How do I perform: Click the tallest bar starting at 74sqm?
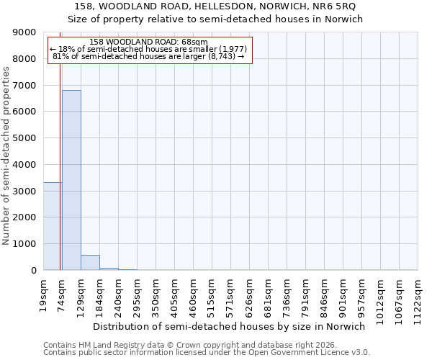click(x=71, y=180)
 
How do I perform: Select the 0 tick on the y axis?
click(x=33, y=271)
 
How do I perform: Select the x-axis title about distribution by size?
click(x=229, y=326)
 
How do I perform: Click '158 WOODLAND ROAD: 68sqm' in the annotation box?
click(x=150, y=42)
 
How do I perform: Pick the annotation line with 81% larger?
click(x=149, y=56)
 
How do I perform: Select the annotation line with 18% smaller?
click(x=149, y=49)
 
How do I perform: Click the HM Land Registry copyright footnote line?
click(x=186, y=345)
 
